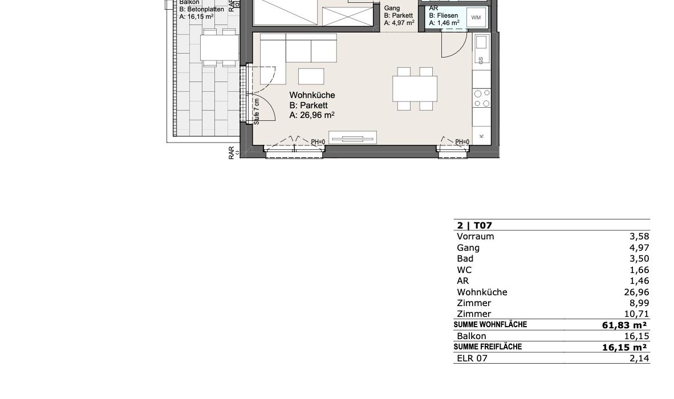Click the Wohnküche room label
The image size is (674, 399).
tap(312, 95)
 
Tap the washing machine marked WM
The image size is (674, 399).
tap(476, 18)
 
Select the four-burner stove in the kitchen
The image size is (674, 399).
tap(481, 98)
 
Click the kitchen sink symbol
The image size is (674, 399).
tap(481, 43)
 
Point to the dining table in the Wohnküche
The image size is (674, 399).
tap(415, 88)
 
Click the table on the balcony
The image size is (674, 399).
tap(219, 47)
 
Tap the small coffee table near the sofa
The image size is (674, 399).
tap(311, 76)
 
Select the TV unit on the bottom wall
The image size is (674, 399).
tap(352, 137)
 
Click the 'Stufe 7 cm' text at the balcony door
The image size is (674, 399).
tap(257, 112)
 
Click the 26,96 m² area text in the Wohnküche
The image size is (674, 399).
tap(312, 115)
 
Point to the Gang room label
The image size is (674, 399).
tap(392, 8)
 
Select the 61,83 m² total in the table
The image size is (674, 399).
tap(624, 325)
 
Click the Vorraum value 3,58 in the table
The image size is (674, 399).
tap(639, 237)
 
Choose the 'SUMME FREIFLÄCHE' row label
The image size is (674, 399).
tap(488, 347)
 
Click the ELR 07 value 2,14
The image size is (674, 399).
tap(639, 358)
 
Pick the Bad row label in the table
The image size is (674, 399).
tap(465, 259)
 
